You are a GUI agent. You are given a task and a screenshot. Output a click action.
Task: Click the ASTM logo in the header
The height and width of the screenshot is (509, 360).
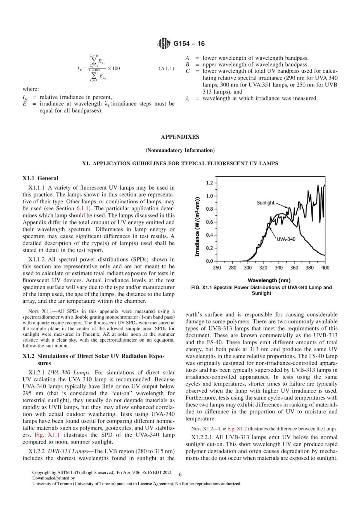164,44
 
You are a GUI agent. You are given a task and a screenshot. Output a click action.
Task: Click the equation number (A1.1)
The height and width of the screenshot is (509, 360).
166,68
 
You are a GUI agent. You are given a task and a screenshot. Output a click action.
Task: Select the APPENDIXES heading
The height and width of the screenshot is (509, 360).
180,137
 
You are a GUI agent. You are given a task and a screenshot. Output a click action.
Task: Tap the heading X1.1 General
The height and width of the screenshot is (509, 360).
40,178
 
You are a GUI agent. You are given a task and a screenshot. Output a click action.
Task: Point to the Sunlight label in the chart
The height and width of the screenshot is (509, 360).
265,203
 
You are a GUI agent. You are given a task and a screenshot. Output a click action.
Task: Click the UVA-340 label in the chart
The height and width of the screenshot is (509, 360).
286,239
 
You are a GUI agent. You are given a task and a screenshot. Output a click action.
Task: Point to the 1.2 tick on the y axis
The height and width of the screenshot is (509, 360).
209,183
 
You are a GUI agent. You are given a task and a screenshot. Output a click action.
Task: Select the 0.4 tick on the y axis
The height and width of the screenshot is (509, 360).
209,235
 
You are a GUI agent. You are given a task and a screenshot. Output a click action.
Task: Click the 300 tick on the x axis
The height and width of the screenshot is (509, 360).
247,268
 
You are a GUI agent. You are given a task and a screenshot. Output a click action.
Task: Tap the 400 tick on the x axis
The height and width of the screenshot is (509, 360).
325,268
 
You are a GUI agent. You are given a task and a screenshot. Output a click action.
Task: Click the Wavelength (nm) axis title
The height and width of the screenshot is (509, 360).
269,280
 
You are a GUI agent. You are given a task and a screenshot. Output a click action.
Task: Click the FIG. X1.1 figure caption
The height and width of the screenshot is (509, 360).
261,290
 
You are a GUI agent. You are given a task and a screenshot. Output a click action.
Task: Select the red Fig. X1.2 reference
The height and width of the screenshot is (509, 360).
237,429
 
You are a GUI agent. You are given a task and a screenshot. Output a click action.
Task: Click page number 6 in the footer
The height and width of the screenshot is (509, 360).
180,475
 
